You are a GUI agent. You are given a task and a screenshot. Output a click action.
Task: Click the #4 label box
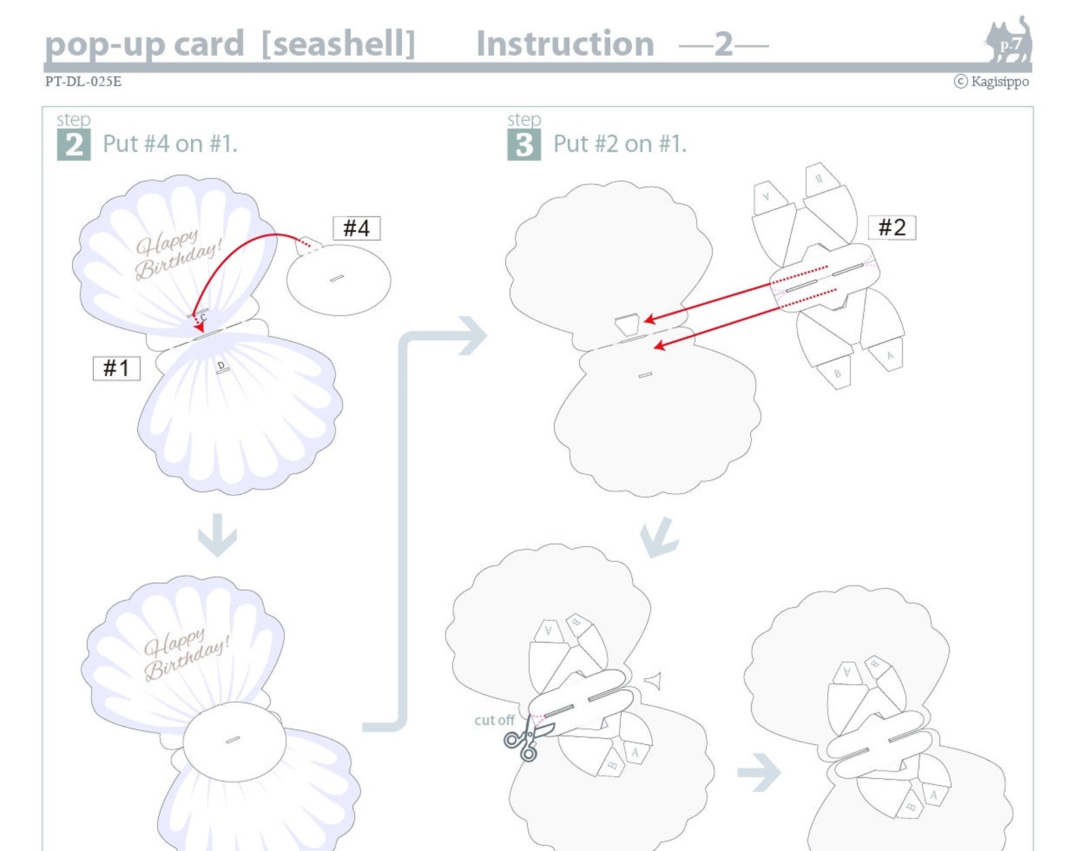click(x=356, y=228)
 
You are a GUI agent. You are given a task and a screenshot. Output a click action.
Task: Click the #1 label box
click(x=116, y=368)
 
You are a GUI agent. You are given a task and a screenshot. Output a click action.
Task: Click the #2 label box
click(x=892, y=227)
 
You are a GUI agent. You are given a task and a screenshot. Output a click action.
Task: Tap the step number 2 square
click(x=73, y=145)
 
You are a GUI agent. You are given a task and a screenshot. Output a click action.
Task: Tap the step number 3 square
click(x=524, y=145)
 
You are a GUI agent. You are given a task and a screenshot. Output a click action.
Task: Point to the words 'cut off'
click(x=494, y=720)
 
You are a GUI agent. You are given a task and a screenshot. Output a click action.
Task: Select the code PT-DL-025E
click(x=83, y=82)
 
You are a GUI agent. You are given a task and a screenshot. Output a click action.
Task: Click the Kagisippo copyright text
click(x=992, y=82)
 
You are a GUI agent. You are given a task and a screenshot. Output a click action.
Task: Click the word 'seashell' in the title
click(x=338, y=44)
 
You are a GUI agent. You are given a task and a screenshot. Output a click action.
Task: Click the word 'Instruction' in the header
click(x=564, y=44)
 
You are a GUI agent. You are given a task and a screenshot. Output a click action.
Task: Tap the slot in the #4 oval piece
click(x=337, y=278)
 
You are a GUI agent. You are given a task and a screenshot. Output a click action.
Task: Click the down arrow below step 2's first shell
click(x=217, y=536)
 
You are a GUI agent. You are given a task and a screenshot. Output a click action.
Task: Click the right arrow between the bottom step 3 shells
click(x=759, y=772)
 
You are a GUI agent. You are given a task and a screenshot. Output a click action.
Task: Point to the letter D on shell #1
click(x=220, y=366)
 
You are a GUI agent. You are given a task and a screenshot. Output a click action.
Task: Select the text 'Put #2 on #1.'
click(x=620, y=144)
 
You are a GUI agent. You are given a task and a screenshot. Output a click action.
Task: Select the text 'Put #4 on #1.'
click(x=169, y=144)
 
